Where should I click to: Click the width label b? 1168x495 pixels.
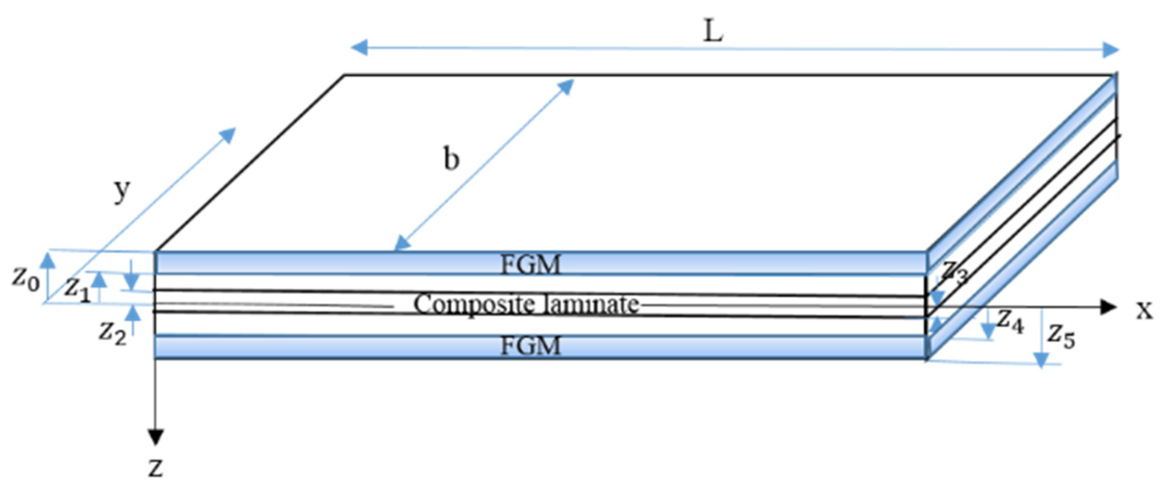pos(451,159)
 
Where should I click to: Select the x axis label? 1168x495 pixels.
pos(1144,310)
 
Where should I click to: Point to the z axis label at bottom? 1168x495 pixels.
pos(156,467)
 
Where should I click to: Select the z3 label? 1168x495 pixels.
pos(954,271)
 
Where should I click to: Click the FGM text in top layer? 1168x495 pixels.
pos(530,265)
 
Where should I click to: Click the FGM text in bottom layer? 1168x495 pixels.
pos(530,346)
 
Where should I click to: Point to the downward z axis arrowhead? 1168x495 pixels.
pos(156,437)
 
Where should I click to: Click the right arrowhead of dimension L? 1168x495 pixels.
pos(1111,50)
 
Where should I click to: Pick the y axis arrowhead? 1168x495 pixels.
pos(229,134)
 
